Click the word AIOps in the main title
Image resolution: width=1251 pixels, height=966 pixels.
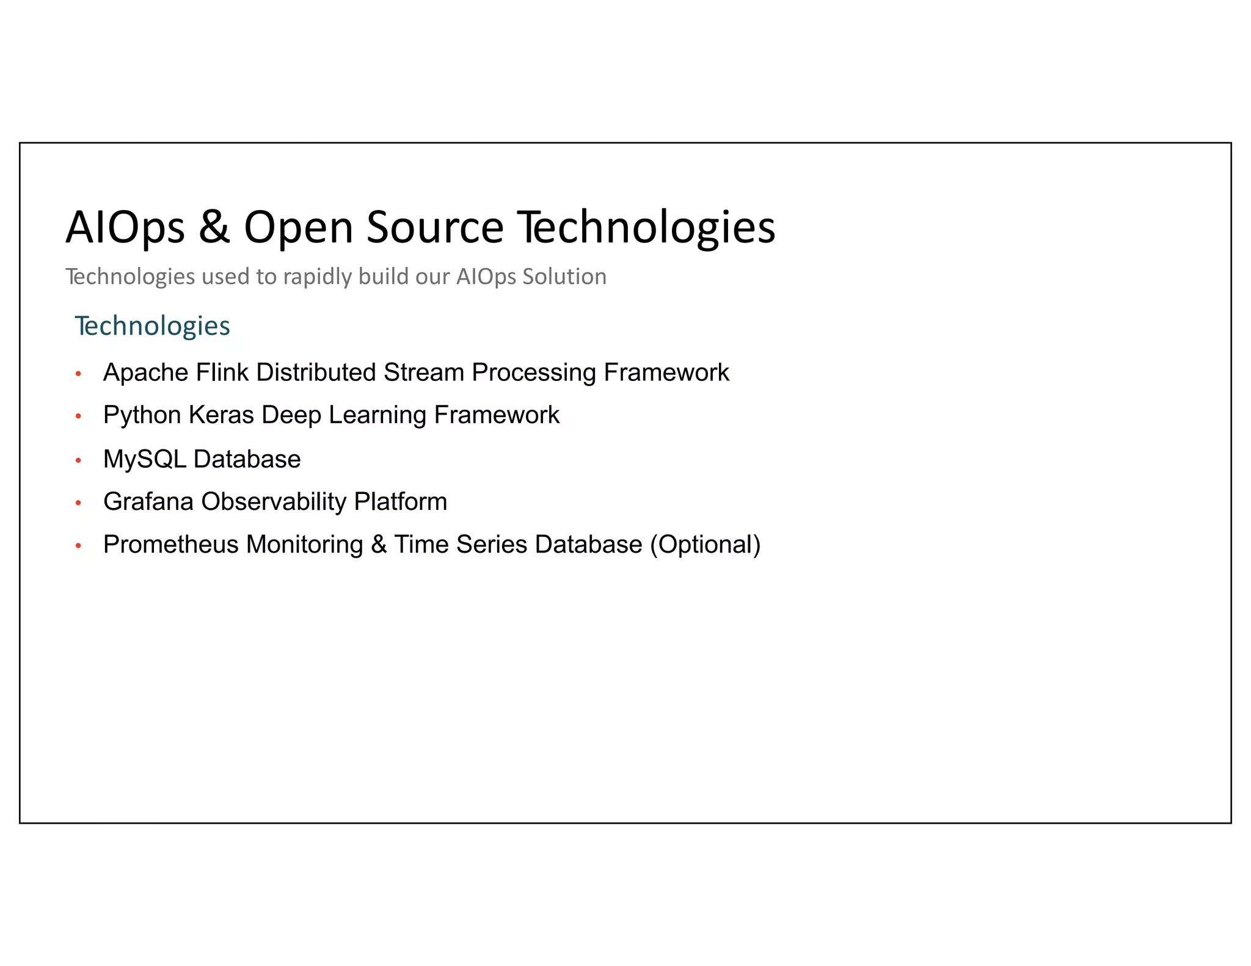click(125, 227)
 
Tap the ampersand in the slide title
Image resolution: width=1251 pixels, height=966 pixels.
click(214, 227)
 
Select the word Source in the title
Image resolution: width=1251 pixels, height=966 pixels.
click(435, 227)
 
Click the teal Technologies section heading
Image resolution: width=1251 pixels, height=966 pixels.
click(152, 325)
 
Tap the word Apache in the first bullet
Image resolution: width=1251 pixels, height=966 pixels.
click(145, 372)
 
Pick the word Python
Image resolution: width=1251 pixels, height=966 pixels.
click(142, 415)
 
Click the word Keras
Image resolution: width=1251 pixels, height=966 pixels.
click(221, 415)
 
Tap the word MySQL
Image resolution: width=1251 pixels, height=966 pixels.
click(145, 459)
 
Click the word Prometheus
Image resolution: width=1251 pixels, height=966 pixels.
click(171, 545)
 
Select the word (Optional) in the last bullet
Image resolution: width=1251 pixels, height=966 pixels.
click(705, 545)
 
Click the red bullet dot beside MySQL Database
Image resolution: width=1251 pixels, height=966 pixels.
click(78, 460)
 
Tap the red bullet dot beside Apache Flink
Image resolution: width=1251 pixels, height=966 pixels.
click(78, 374)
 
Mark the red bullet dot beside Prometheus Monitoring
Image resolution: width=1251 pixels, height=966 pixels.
click(78, 546)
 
